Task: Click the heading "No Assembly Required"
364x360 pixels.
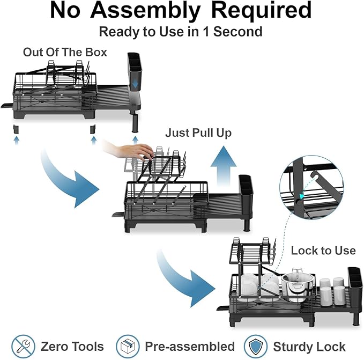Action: [x=181, y=10]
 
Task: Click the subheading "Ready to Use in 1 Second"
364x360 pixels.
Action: [x=181, y=32]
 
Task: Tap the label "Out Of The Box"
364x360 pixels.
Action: [x=65, y=52]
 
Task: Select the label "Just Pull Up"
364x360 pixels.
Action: [x=198, y=133]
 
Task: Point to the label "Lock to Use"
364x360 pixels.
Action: [x=323, y=251]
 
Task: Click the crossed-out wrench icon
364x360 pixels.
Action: [x=23, y=346]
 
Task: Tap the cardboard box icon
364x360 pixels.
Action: [x=128, y=346]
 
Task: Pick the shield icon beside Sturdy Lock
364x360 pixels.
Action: [x=256, y=346]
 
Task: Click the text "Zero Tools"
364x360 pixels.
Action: [x=72, y=346]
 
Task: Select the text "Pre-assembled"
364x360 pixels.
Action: [x=190, y=346]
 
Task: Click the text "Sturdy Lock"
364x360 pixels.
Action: [x=309, y=347]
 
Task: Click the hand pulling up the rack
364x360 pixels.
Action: [x=130, y=151]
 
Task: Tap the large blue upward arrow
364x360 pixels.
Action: [x=224, y=166]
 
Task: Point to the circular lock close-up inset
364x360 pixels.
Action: [x=312, y=187]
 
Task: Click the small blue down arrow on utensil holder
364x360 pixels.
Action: [x=135, y=85]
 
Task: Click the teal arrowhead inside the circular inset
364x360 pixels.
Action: [x=302, y=196]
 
